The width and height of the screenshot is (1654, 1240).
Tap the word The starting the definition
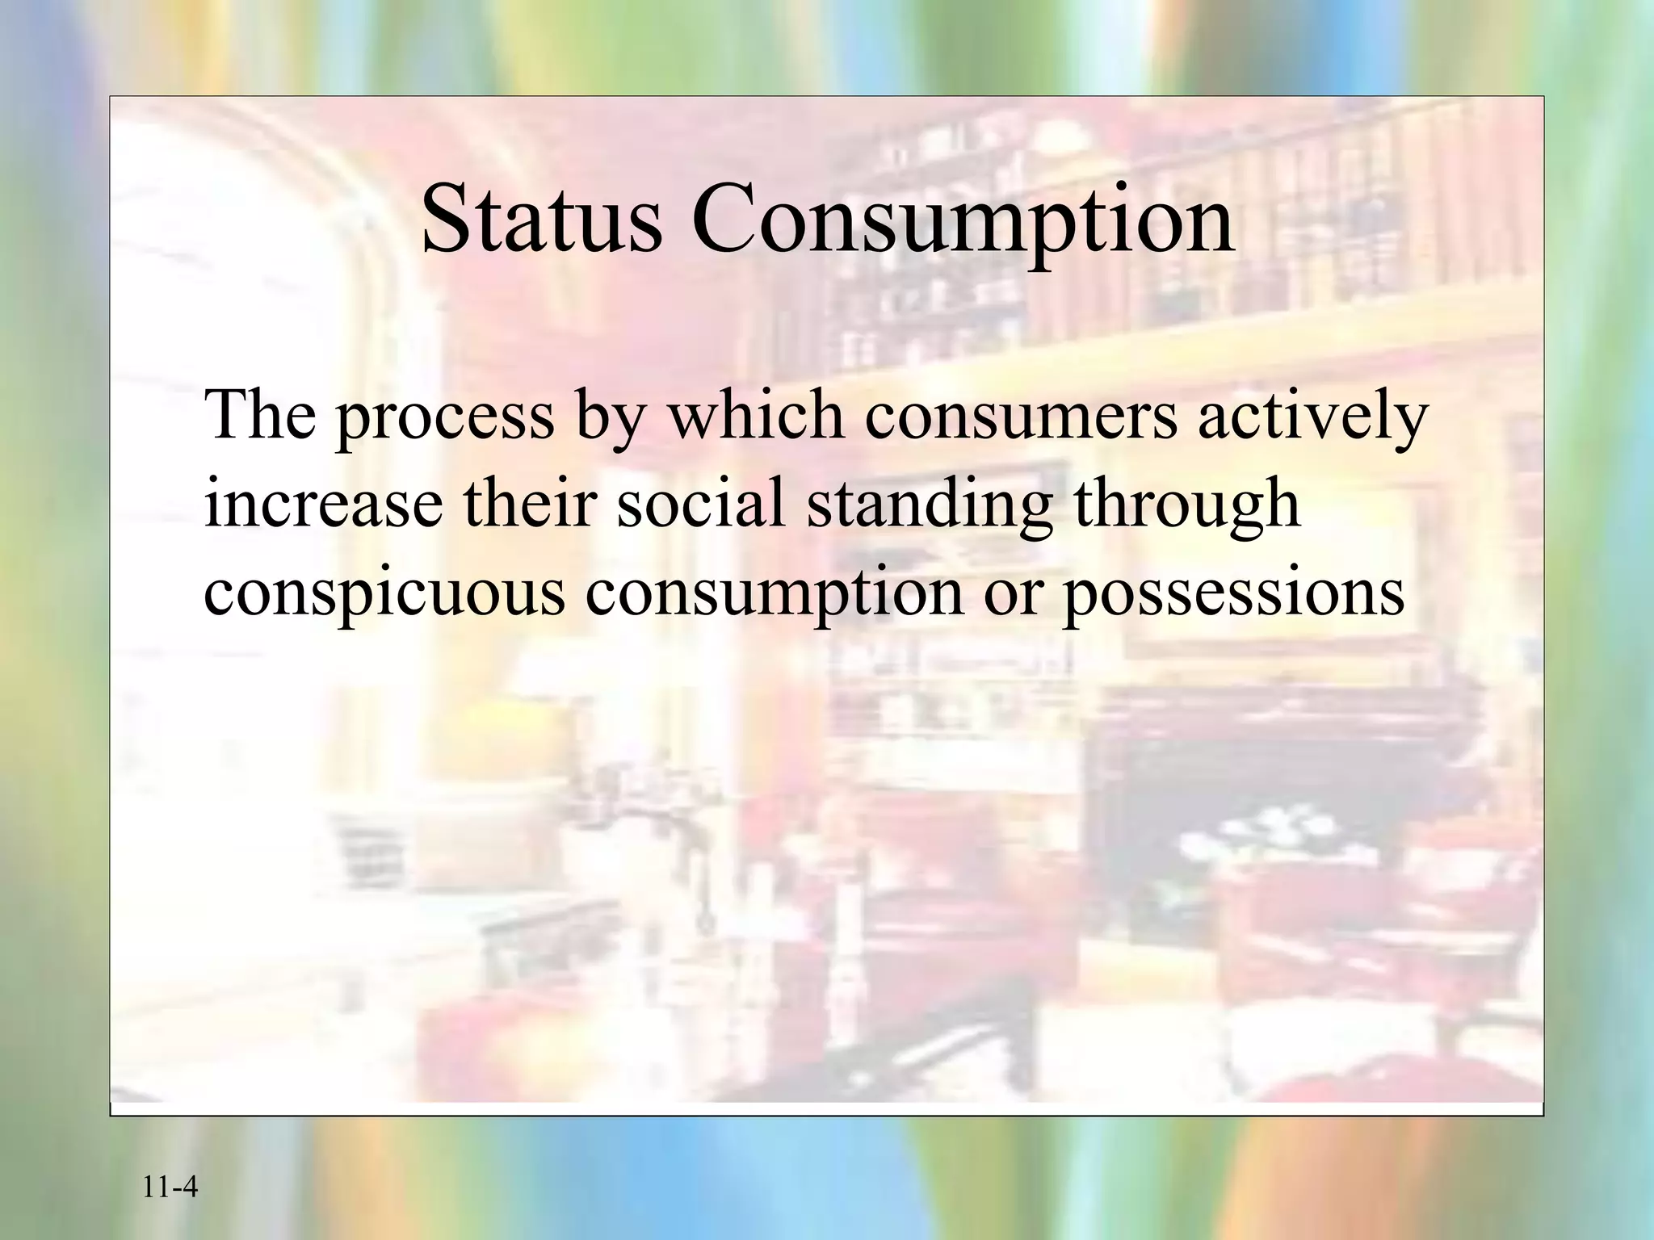click(x=260, y=413)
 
